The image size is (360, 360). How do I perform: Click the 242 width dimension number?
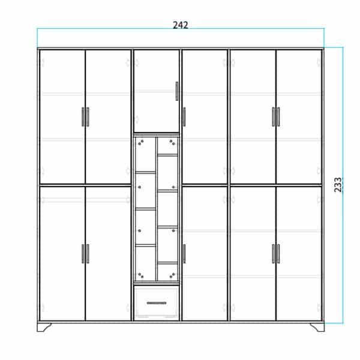[x=181, y=25]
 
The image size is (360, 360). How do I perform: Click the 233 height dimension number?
[x=338, y=185]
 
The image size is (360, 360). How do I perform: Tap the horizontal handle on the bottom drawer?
[x=157, y=303]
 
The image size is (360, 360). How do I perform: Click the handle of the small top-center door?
[x=177, y=91]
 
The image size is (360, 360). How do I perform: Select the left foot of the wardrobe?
[x=44, y=327]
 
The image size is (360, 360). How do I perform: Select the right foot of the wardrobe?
[x=317, y=327]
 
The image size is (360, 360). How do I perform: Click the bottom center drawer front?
[x=157, y=302]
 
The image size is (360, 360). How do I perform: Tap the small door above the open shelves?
[x=157, y=91]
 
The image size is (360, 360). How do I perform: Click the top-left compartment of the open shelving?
[x=145, y=155]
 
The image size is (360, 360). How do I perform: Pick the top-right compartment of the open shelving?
[x=168, y=146]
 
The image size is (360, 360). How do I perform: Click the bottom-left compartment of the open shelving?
[x=145, y=263]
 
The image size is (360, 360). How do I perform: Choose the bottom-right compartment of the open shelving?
[x=168, y=272]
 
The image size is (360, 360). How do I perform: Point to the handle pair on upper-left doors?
[x=85, y=117]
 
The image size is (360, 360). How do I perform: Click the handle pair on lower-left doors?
[x=85, y=254]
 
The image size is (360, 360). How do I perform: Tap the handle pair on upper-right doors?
[x=276, y=117]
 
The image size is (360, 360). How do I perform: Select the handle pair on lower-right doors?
[x=276, y=254]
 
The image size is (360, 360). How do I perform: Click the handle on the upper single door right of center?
[x=184, y=117]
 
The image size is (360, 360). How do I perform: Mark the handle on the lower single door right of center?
[x=184, y=254]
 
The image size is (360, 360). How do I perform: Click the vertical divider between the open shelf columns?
[x=157, y=209]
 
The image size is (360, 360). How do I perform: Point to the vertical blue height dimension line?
[x=343, y=185]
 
